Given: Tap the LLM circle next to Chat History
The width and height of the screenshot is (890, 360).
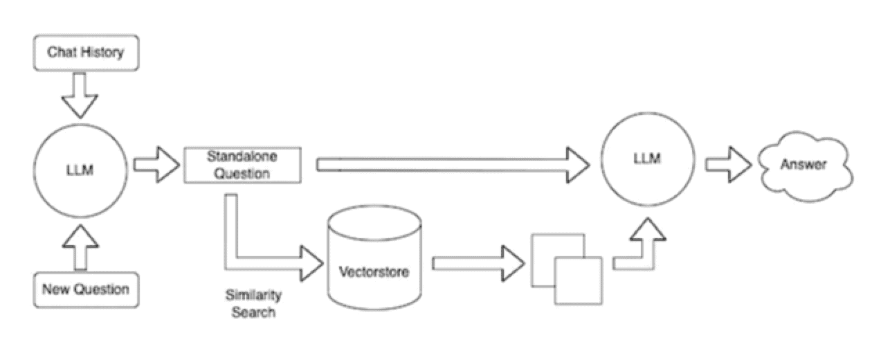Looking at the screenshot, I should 82,170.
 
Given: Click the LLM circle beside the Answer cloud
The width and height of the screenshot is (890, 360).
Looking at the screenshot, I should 646,160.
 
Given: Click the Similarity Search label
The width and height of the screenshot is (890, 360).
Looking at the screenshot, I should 253,304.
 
